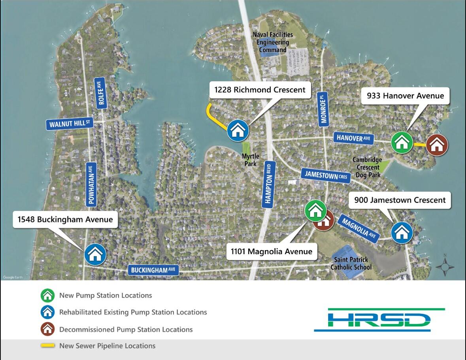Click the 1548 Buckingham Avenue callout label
pos(66,220)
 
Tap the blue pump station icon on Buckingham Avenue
pos(95,254)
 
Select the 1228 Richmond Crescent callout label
pos(260,90)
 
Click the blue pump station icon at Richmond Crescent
pos(238,130)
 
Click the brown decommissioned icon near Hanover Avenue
pos(437,145)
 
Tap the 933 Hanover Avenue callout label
pos(405,96)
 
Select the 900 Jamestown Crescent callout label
pos(400,200)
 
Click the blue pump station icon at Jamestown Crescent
pos(402,232)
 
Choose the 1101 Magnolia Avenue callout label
pos(272,251)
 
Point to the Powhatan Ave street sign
pos(92,184)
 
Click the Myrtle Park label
pos(250,160)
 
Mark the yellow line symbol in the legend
pos(47,346)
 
